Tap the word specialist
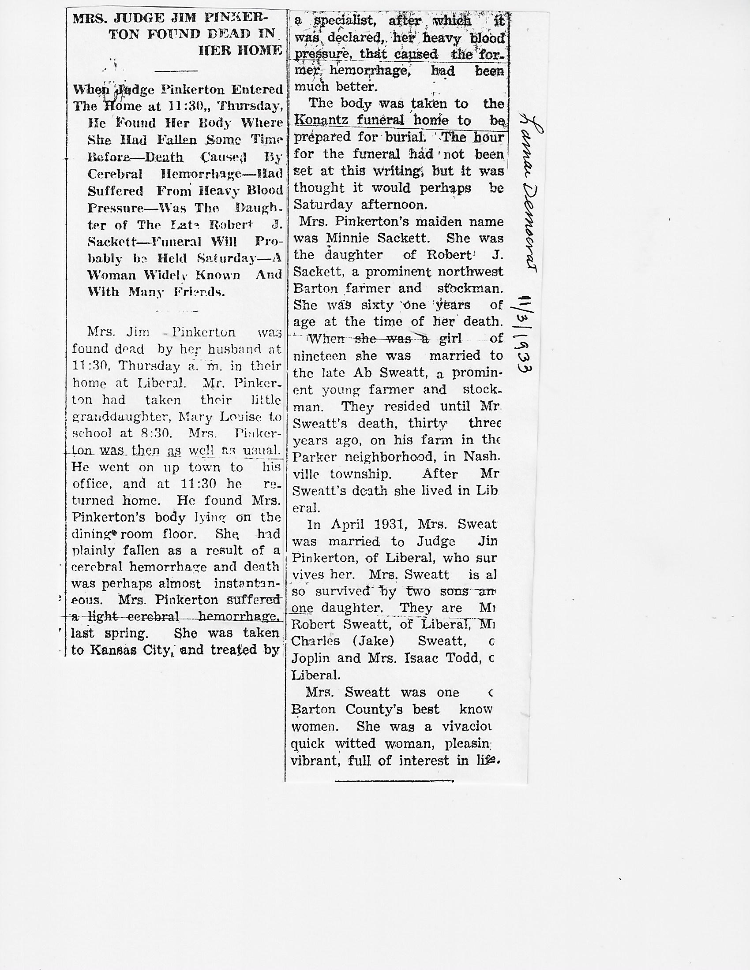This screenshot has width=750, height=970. (x=342, y=21)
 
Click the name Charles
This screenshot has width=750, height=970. (x=315, y=642)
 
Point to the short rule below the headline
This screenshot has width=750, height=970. (x=177, y=70)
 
